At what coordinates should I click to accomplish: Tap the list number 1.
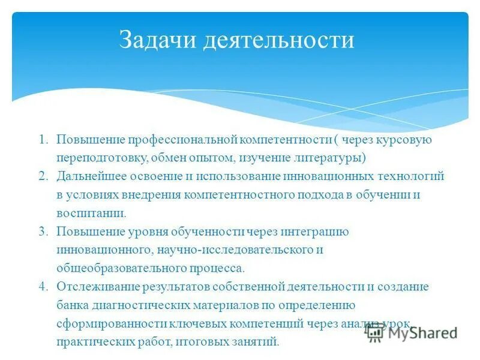(x=43, y=139)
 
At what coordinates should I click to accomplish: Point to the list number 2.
(x=43, y=176)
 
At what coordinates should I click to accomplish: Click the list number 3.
(x=43, y=231)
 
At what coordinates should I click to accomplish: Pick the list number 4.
(x=43, y=287)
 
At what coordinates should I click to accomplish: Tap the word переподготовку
(x=100, y=158)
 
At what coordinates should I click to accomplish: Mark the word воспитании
(x=91, y=213)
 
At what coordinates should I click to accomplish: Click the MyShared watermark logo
(x=412, y=332)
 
